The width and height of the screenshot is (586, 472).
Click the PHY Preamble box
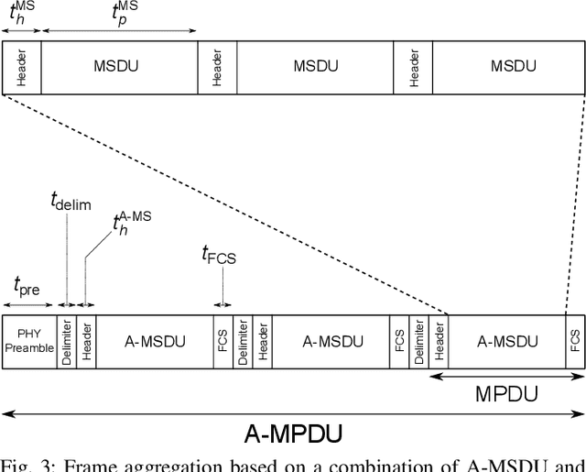click(x=28, y=342)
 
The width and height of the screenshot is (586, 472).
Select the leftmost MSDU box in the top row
click(x=119, y=67)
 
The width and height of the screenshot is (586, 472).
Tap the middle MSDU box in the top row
click(x=315, y=67)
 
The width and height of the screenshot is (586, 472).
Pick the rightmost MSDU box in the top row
click(x=508, y=67)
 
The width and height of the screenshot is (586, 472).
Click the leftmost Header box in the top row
click(x=22, y=67)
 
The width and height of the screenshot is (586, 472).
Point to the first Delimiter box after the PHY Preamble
click(x=66, y=342)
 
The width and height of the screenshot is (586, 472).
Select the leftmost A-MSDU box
click(x=155, y=342)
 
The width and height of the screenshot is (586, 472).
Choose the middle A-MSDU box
click(x=332, y=342)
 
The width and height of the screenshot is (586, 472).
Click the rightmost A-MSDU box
click(x=507, y=342)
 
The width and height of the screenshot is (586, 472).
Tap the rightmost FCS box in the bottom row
click(x=575, y=342)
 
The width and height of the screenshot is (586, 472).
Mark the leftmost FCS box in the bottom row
click(x=222, y=342)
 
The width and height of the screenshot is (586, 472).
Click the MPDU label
click(x=505, y=395)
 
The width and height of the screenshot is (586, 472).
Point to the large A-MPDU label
click(x=293, y=434)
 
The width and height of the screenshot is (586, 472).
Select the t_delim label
click(x=71, y=203)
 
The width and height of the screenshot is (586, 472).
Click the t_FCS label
click(x=219, y=256)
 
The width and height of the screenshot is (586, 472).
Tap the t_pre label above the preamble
click(x=27, y=286)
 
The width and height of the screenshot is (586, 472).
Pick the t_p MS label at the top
click(x=126, y=13)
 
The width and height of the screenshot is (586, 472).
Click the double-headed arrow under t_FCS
click(x=222, y=303)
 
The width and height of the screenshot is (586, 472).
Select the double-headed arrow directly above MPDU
click(x=506, y=376)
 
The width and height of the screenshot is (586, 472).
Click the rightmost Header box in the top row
click(x=413, y=67)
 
